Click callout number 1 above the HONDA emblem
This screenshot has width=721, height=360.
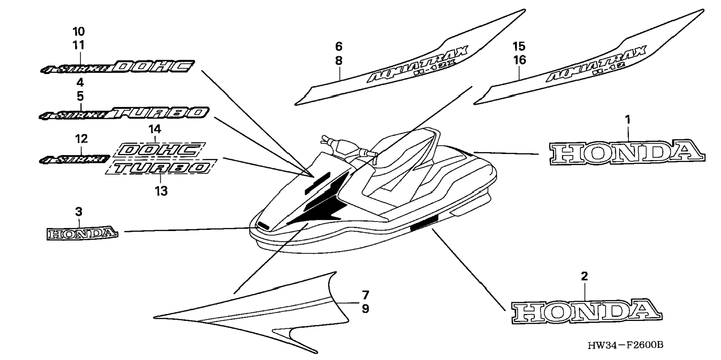[x=628, y=120]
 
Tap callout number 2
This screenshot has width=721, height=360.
[x=584, y=276]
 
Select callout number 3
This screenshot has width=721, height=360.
[x=78, y=212]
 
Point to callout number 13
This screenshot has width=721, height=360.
[x=161, y=191]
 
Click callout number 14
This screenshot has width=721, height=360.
[x=155, y=129]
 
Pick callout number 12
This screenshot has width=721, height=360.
[x=81, y=139]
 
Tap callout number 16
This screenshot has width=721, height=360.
[x=519, y=60]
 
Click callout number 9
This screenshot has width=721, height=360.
[x=365, y=309]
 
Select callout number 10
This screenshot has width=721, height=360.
[x=78, y=31]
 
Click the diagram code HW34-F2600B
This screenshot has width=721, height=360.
[x=625, y=345]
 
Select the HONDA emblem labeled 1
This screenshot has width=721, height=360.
[x=626, y=152]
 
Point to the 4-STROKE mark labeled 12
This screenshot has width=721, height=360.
[x=74, y=160]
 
